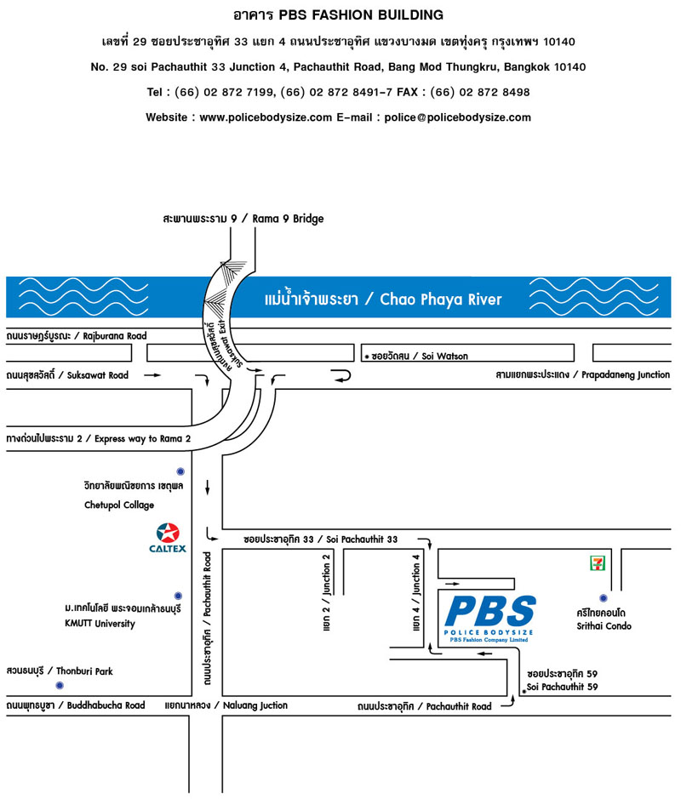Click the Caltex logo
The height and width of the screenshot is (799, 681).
pyautogui.click(x=168, y=538)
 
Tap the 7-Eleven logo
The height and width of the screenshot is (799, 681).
pyautogui.click(x=597, y=563)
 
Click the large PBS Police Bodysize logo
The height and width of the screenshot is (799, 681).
pyautogui.click(x=489, y=619)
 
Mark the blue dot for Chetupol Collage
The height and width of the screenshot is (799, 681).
pyautogui.click(x=180, y=471)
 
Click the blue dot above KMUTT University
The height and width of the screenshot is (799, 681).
pyautogui.click(x=178, y=596)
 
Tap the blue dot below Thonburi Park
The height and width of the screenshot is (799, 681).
pyautogui.click(x=60, y=685)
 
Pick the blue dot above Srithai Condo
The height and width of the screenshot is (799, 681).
pyautogui.click(x=604, y=598)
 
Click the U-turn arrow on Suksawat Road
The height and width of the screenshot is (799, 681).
pyautogui.click(x=341, y=376)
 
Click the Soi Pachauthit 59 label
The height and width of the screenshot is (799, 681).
pyautogui.click(x=562, y=687)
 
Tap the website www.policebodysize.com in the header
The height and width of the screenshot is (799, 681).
pyautogui.click(x=266, y=117)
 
